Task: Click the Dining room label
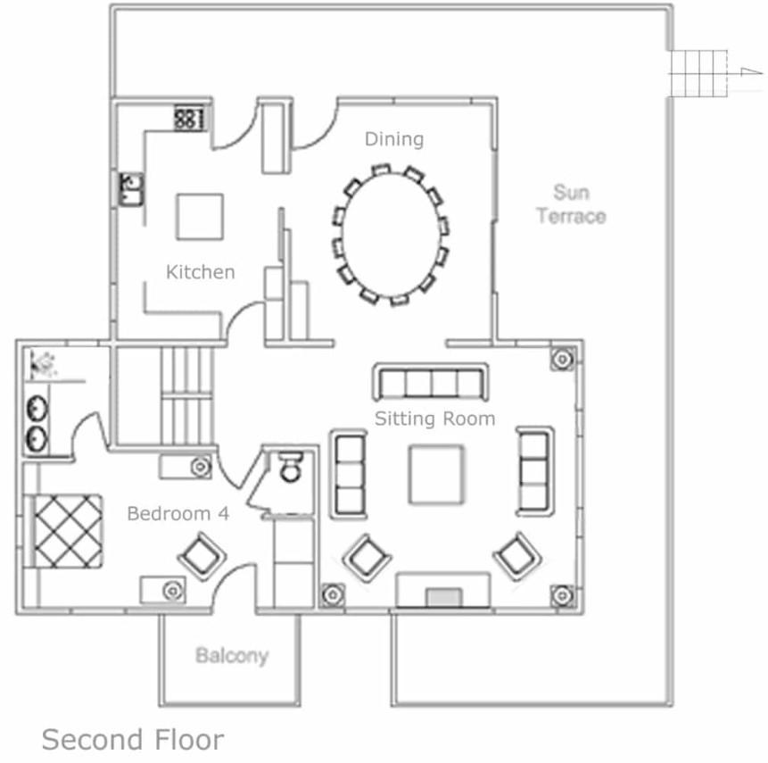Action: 394,139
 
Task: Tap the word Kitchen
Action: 201,272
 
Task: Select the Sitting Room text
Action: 435,419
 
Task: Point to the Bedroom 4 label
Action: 178,513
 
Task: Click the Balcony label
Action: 232,656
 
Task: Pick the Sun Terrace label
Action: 571,203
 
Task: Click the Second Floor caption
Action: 133,740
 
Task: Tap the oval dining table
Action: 391,235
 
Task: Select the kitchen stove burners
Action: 189,118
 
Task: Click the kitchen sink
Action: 131,188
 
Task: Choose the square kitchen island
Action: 200,217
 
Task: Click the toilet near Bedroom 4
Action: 291,466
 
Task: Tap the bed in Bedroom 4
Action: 63,531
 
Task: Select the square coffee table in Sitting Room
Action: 436,475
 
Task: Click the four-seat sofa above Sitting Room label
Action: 431,382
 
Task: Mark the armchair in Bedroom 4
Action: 202,557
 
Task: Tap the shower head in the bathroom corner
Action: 42,363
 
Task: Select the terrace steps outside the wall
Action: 698,73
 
